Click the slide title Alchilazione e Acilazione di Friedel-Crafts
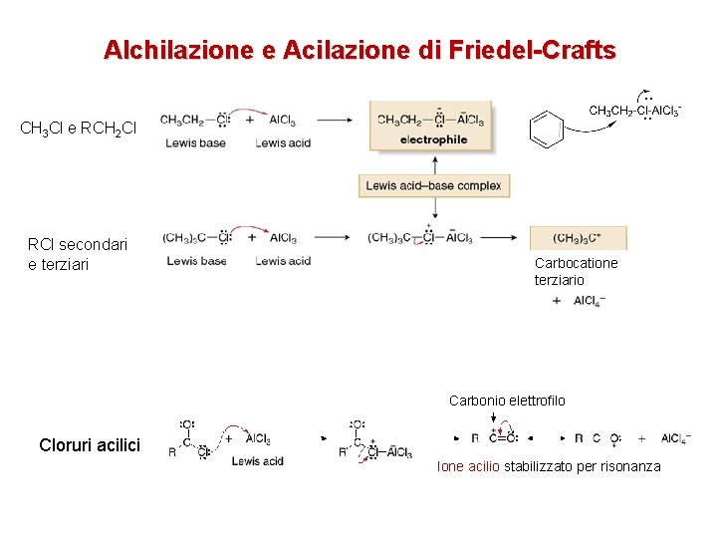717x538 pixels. point(359,49)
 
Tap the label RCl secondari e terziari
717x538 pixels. point(77,254)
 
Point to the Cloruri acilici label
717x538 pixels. point(90,445)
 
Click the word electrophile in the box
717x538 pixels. point(433,140)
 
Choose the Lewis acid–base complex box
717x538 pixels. point(433,185)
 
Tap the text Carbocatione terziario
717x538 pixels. point(576,271)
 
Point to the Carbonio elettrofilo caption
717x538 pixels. point(507,401)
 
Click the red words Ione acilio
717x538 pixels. point(468,466)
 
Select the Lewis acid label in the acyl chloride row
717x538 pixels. point(258,460)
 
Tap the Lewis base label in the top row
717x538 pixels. point(196,142)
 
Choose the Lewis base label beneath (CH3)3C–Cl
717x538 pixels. point(196,261)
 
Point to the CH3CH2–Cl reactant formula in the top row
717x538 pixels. point(192,121)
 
